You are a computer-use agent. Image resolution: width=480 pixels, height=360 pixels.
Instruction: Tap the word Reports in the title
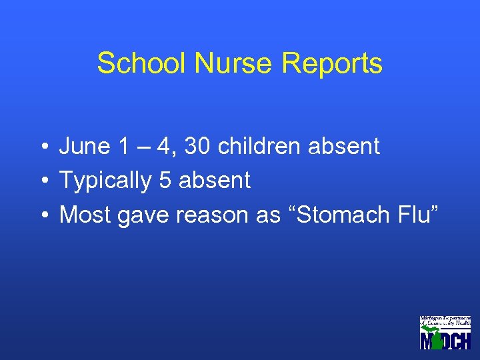(x=332, y=63)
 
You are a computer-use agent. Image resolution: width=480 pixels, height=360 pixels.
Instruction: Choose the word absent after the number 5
(x=215, y=180)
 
